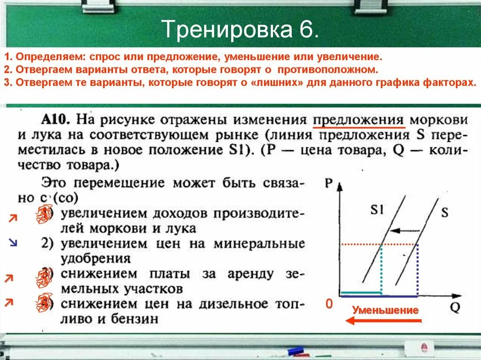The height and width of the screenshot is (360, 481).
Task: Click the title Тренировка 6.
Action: click(x=240, y=29)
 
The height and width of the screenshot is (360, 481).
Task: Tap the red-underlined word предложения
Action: click(x=358, y=120)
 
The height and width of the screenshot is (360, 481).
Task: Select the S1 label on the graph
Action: click(x=377, y=209)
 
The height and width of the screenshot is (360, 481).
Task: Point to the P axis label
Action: click(x=328, y=183)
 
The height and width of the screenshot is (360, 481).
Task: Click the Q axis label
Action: click(x=455, y=307)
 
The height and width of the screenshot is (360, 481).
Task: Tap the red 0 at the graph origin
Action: click(x=329, y=304)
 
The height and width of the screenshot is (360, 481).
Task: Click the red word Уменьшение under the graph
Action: click(x=385, y=310)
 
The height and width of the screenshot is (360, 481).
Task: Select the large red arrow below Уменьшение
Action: click(x=383, y=321)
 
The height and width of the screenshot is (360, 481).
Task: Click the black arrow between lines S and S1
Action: click(x=405, y=230)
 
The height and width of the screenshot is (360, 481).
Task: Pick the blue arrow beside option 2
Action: click(x=13, y=243)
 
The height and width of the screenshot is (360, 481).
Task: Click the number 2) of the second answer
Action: click(x=47, y=244)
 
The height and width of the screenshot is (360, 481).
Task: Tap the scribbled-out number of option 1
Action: click(x=44, y=214)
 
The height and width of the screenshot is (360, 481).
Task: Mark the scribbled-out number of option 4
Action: click(x=44, y=303)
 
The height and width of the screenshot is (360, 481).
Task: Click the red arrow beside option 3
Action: click(x=9, y=278)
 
